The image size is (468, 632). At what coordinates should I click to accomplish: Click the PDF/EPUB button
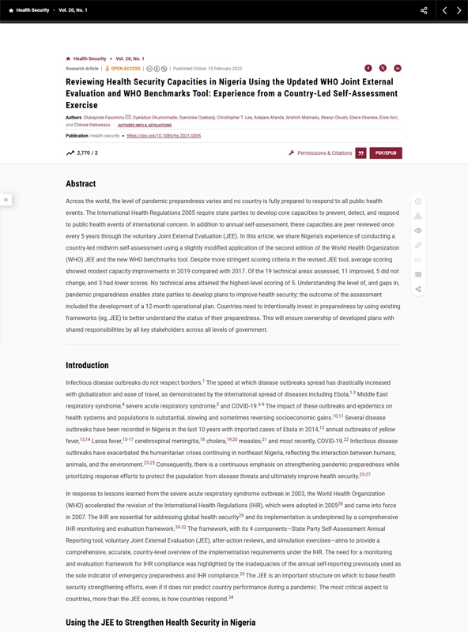386,152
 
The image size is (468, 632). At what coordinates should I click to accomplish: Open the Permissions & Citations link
325,152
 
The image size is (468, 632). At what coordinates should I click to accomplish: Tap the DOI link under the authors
164,136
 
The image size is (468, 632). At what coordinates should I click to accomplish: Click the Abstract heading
81,184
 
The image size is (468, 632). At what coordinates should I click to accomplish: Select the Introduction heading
87,365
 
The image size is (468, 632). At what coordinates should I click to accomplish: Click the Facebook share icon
368,69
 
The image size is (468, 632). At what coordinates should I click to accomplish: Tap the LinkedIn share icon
398,69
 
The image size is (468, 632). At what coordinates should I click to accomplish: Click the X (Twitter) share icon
383,69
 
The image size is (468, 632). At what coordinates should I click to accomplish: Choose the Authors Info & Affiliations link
145,125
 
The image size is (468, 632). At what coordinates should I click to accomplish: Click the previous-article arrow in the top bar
445,10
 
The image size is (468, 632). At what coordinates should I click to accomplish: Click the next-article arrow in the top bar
459,10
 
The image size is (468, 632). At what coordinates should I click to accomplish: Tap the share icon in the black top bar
424,10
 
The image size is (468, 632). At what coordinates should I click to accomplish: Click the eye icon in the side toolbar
418,231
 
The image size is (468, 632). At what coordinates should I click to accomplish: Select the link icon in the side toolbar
418,246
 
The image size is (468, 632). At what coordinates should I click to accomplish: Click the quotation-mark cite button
360,152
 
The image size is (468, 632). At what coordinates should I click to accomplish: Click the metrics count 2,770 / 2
83,152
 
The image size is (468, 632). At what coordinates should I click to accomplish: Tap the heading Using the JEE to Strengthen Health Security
160,623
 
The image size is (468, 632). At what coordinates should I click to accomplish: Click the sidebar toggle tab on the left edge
5,200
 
